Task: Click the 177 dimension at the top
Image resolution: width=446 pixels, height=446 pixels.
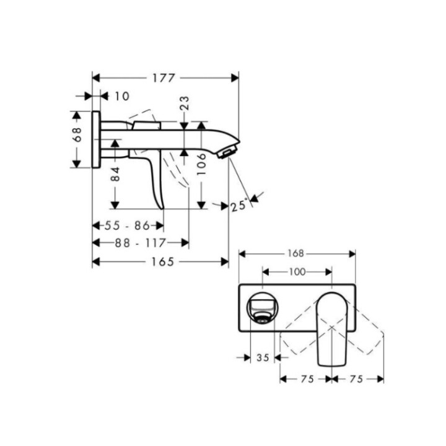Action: [165, 78]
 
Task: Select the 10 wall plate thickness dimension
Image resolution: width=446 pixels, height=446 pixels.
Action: [122, 96]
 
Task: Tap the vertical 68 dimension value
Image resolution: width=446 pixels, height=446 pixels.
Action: [77, 135]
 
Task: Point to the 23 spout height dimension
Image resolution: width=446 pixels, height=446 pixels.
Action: [185, 103]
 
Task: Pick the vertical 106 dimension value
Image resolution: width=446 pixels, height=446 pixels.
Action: [201, 166]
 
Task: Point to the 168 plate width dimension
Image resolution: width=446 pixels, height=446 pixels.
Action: [296, 253]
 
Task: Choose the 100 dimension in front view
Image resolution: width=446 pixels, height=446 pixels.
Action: [297, 272]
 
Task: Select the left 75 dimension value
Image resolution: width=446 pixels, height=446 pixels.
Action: [304, 379]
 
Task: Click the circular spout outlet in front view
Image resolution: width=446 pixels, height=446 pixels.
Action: [263, 307]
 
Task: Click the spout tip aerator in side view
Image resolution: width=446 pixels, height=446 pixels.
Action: [228, 152]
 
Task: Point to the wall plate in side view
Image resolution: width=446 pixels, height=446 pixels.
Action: [96, 139]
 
